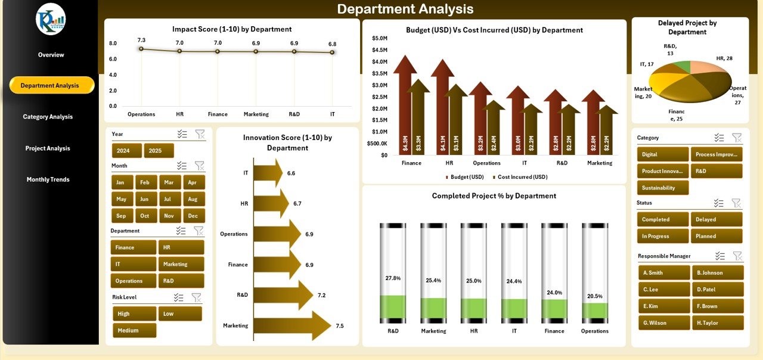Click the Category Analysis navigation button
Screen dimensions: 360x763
[48, 117]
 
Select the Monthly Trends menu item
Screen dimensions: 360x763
[48, 179]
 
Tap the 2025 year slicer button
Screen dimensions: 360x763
[159, 151]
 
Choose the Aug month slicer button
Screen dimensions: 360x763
[193, 199]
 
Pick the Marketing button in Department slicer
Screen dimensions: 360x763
[181, 264]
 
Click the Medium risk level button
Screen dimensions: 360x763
[134, 330]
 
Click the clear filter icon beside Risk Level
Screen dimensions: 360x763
[196, 297]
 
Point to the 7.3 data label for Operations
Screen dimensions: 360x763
[141, 40]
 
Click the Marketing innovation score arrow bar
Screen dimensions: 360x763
[292, 325]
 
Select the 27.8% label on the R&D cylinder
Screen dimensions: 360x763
[393, 278]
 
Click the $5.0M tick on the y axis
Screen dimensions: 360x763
[379, 38]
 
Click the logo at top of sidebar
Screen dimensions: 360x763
[51, 19]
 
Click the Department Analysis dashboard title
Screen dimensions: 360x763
[405, 9]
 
